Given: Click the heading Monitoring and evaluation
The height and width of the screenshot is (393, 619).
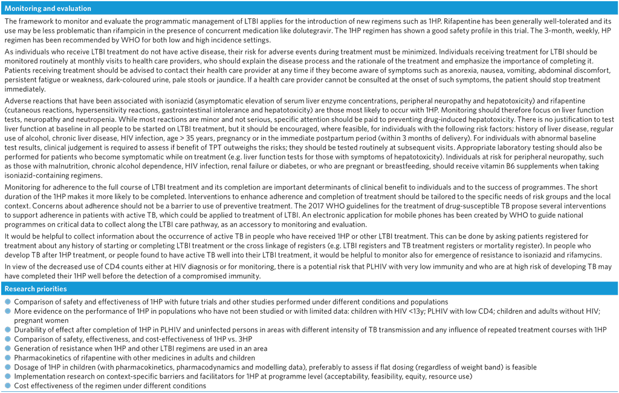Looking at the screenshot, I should click(x=48, y=8).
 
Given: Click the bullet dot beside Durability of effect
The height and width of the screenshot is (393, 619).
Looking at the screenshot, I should click(x=8, y=329).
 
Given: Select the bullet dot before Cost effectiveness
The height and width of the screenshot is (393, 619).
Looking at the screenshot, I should click(x=8, y=386).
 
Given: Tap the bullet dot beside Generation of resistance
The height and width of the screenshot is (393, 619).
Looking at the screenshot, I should click(x=8, y=348).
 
